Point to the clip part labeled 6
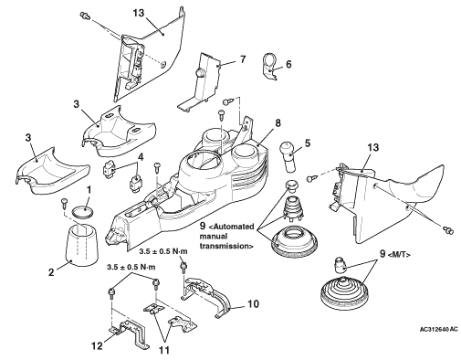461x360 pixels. pos(269,67)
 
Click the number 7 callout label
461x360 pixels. pos(242,58)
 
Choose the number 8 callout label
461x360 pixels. pos(278,123)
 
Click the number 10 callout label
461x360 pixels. pos(253,303)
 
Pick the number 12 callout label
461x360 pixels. pos(98,345)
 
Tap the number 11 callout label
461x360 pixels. pos(164,350)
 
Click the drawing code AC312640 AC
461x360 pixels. pos(438,329)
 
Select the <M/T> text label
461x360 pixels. pos(399,255)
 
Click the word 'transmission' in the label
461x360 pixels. pos(225,246)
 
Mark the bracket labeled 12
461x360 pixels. pos(129,334)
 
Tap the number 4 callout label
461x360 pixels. pos(141,158)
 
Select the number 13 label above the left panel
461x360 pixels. pos(139,13)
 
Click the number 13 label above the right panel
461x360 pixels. pos(372,147)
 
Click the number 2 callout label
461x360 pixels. pos(51,272)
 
